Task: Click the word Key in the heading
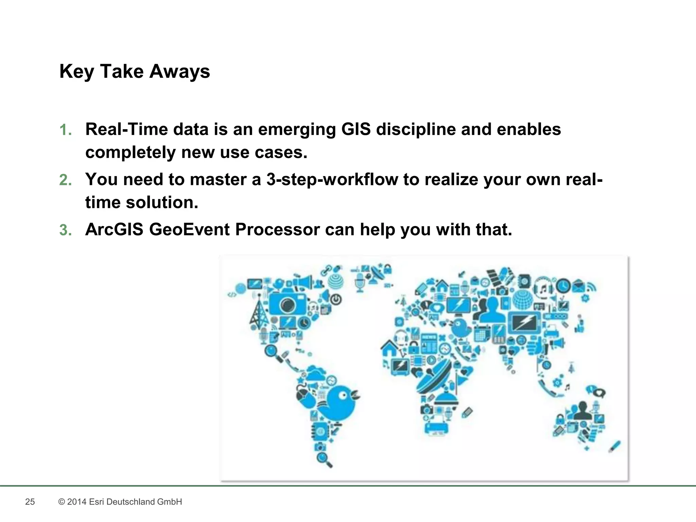76,72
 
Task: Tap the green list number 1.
65,130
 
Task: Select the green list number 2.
65,180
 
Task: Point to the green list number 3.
65,230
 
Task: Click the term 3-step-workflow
332,179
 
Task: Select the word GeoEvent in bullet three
189,229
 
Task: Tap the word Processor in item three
277,229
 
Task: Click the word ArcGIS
114,229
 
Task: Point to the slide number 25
30,502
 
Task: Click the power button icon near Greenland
335,299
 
